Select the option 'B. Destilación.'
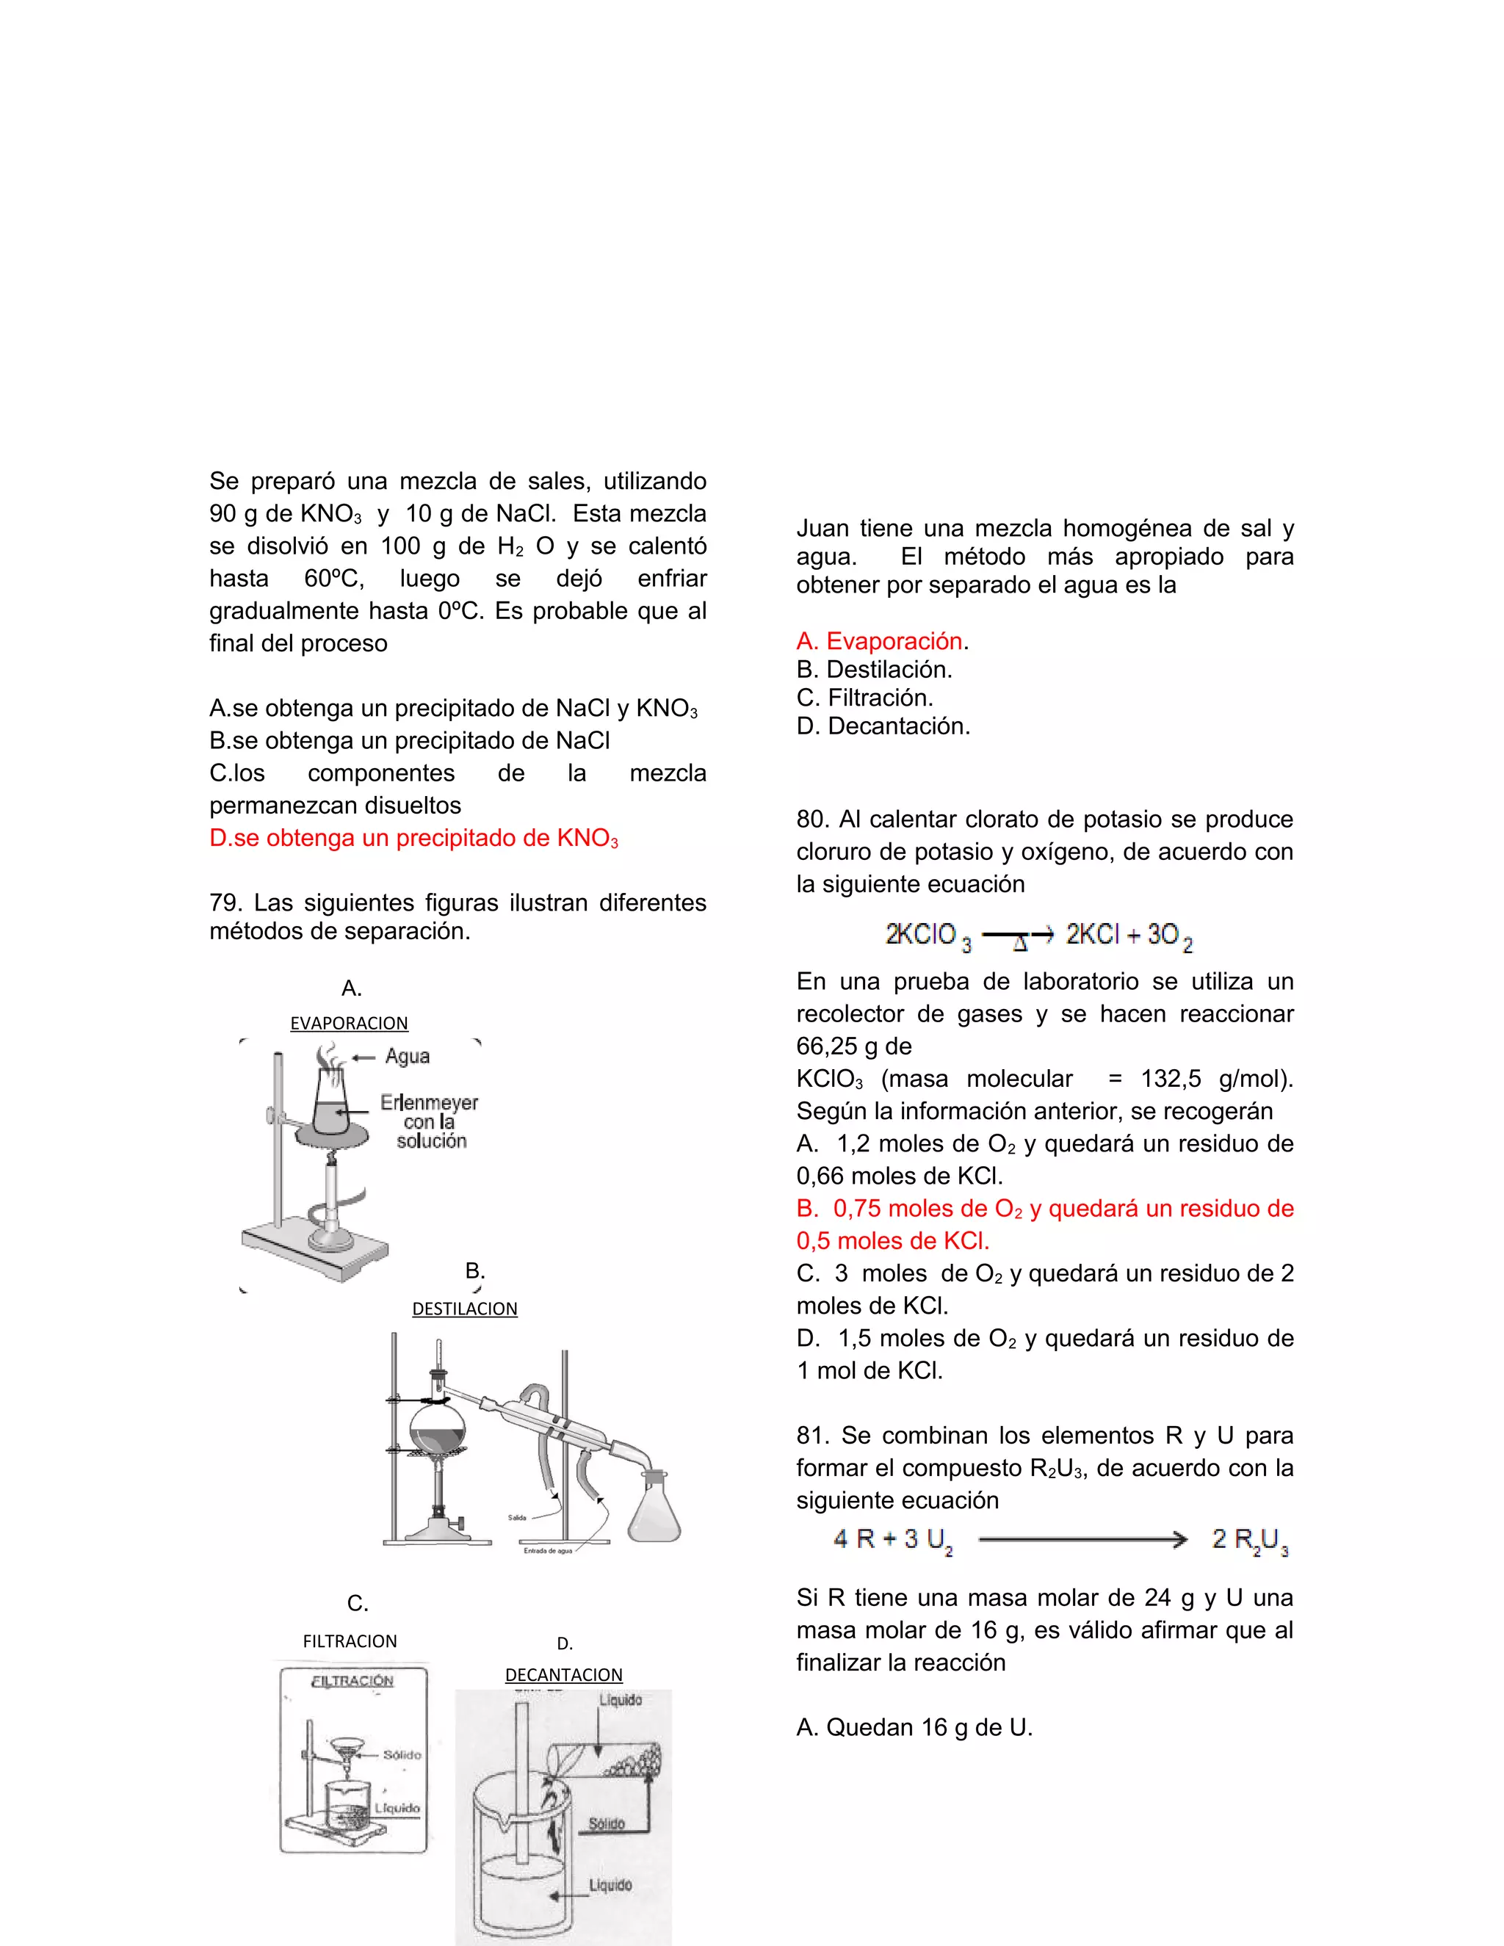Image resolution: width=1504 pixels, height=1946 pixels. click(x=874, y=669)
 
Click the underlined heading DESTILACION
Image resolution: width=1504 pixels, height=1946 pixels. click(x=464, y=1309)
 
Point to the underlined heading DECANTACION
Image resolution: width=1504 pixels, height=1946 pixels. click(x=563, y=1674)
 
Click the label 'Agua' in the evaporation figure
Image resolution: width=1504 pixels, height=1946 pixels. click(x=407, y=1057)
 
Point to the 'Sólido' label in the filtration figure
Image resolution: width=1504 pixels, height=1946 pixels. click(x=402, y=1754)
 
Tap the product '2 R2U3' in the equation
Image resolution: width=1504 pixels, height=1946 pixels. click(x=1249, y=1540)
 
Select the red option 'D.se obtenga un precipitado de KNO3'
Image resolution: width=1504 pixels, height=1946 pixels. click(x=413, y=839)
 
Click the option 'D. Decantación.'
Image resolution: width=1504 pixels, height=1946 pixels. click(x=883, y=726)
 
